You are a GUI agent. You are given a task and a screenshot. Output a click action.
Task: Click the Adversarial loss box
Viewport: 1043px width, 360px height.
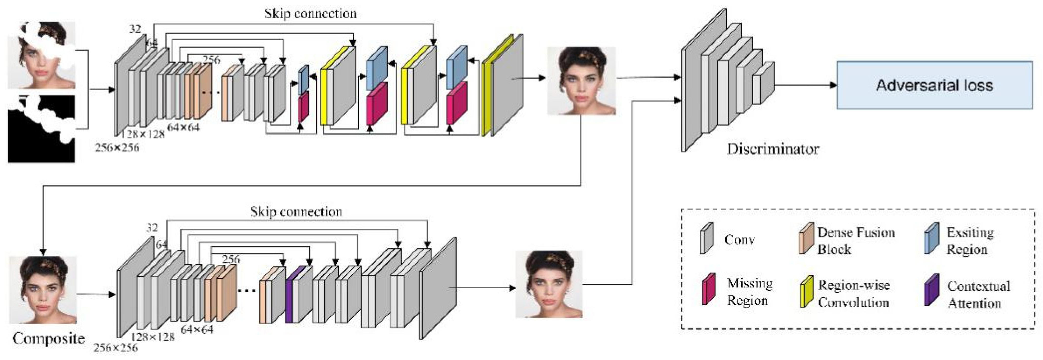pyautogui.click(x=934, y=85)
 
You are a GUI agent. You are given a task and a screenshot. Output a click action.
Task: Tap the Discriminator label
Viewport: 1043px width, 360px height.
pyautogui.click(x=773, y=149)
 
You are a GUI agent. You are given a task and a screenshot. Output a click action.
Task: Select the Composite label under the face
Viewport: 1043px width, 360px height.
pyautogui.click(x=49, y=338)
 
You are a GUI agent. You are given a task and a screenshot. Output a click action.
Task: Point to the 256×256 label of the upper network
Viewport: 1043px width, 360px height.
pyautogui.click(x=117, y=147)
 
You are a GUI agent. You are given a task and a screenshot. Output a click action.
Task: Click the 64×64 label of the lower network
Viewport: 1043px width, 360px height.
pyautogui.click(x=197, y=329)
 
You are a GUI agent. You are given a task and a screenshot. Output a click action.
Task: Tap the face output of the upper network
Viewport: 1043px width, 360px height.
pyautogui.click(x=582, y=81)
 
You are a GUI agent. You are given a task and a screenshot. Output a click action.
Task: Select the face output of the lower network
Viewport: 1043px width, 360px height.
pyautogui.click(x=549, y=284)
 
